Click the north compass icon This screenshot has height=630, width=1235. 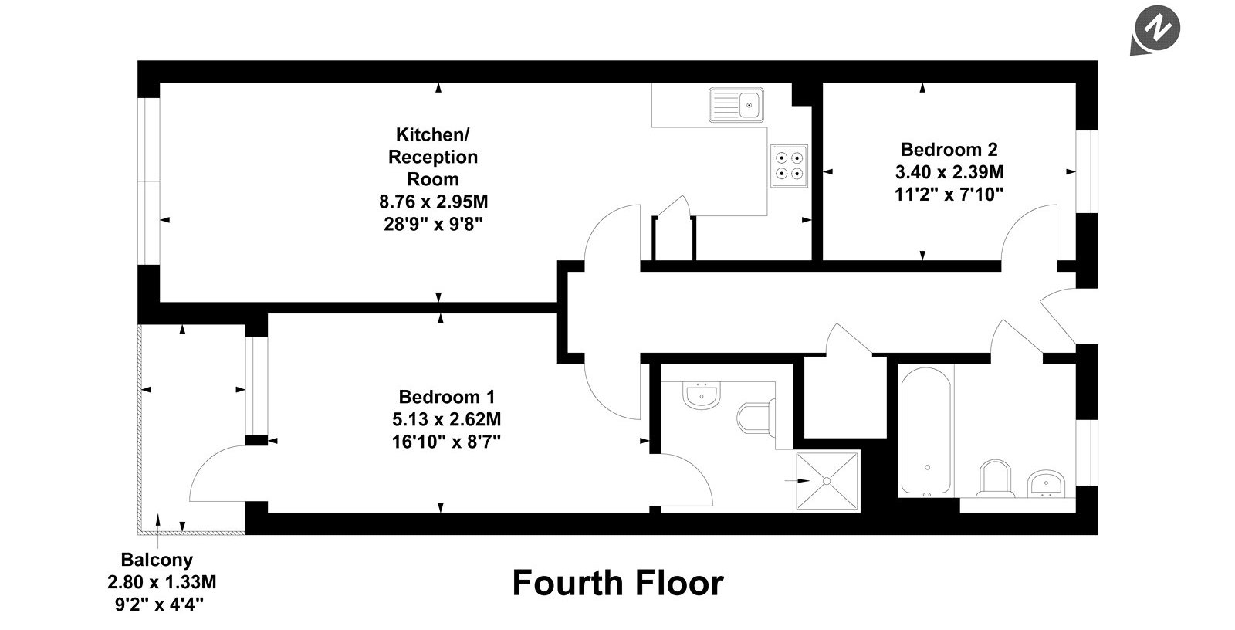click(x=1156, y=30)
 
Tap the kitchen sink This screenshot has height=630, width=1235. click(x=736, y=104)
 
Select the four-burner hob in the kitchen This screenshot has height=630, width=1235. click(x=789, y=166)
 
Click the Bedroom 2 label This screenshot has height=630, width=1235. click(x=949, y=150)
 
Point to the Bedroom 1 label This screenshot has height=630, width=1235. click(x=447, y=397)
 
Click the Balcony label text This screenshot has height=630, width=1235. click(x=157, y=560)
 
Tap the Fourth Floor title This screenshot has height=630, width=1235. click(x=617, y=583)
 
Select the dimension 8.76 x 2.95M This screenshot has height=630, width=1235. click(x=433, y=202)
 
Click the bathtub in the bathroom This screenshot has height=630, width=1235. click(x=925, y=431)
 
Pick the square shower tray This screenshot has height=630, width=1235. click(x=827, y=481)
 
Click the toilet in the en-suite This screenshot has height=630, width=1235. click(x=756, y=419)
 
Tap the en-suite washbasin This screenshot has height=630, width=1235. click(x=702, y=395)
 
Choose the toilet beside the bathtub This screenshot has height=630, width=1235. click(x=995, y=479)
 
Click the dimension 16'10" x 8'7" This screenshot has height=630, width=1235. click(x=447, y=442)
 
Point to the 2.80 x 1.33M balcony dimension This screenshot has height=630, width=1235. click(x=162, y=582)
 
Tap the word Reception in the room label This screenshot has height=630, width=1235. click(x=433, y=157)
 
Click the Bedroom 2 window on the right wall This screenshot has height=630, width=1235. click(x=1087, y=171)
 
